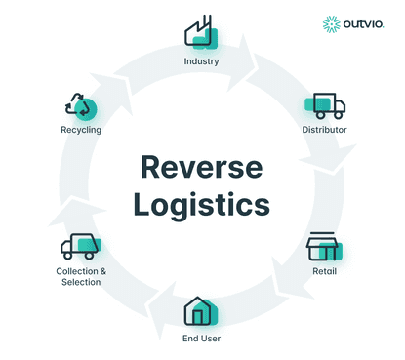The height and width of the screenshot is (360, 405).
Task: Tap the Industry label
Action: pyautogui.click(x=201, y=61)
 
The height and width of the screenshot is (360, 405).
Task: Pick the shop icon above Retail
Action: pyautogui.click(x=324, y=247)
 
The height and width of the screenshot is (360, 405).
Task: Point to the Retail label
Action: pyautogui.click(x=324, y=271)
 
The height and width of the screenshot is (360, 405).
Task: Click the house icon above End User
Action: pyautogui.click(x=201, y=311)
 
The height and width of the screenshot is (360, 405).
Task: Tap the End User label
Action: pyautogui.click(x=201, y=339)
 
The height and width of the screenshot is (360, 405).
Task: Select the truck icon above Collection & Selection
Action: pyautogui.click(x=79, y=247)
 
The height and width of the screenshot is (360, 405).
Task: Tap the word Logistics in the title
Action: pyautogui.click(x=202, y=206)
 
